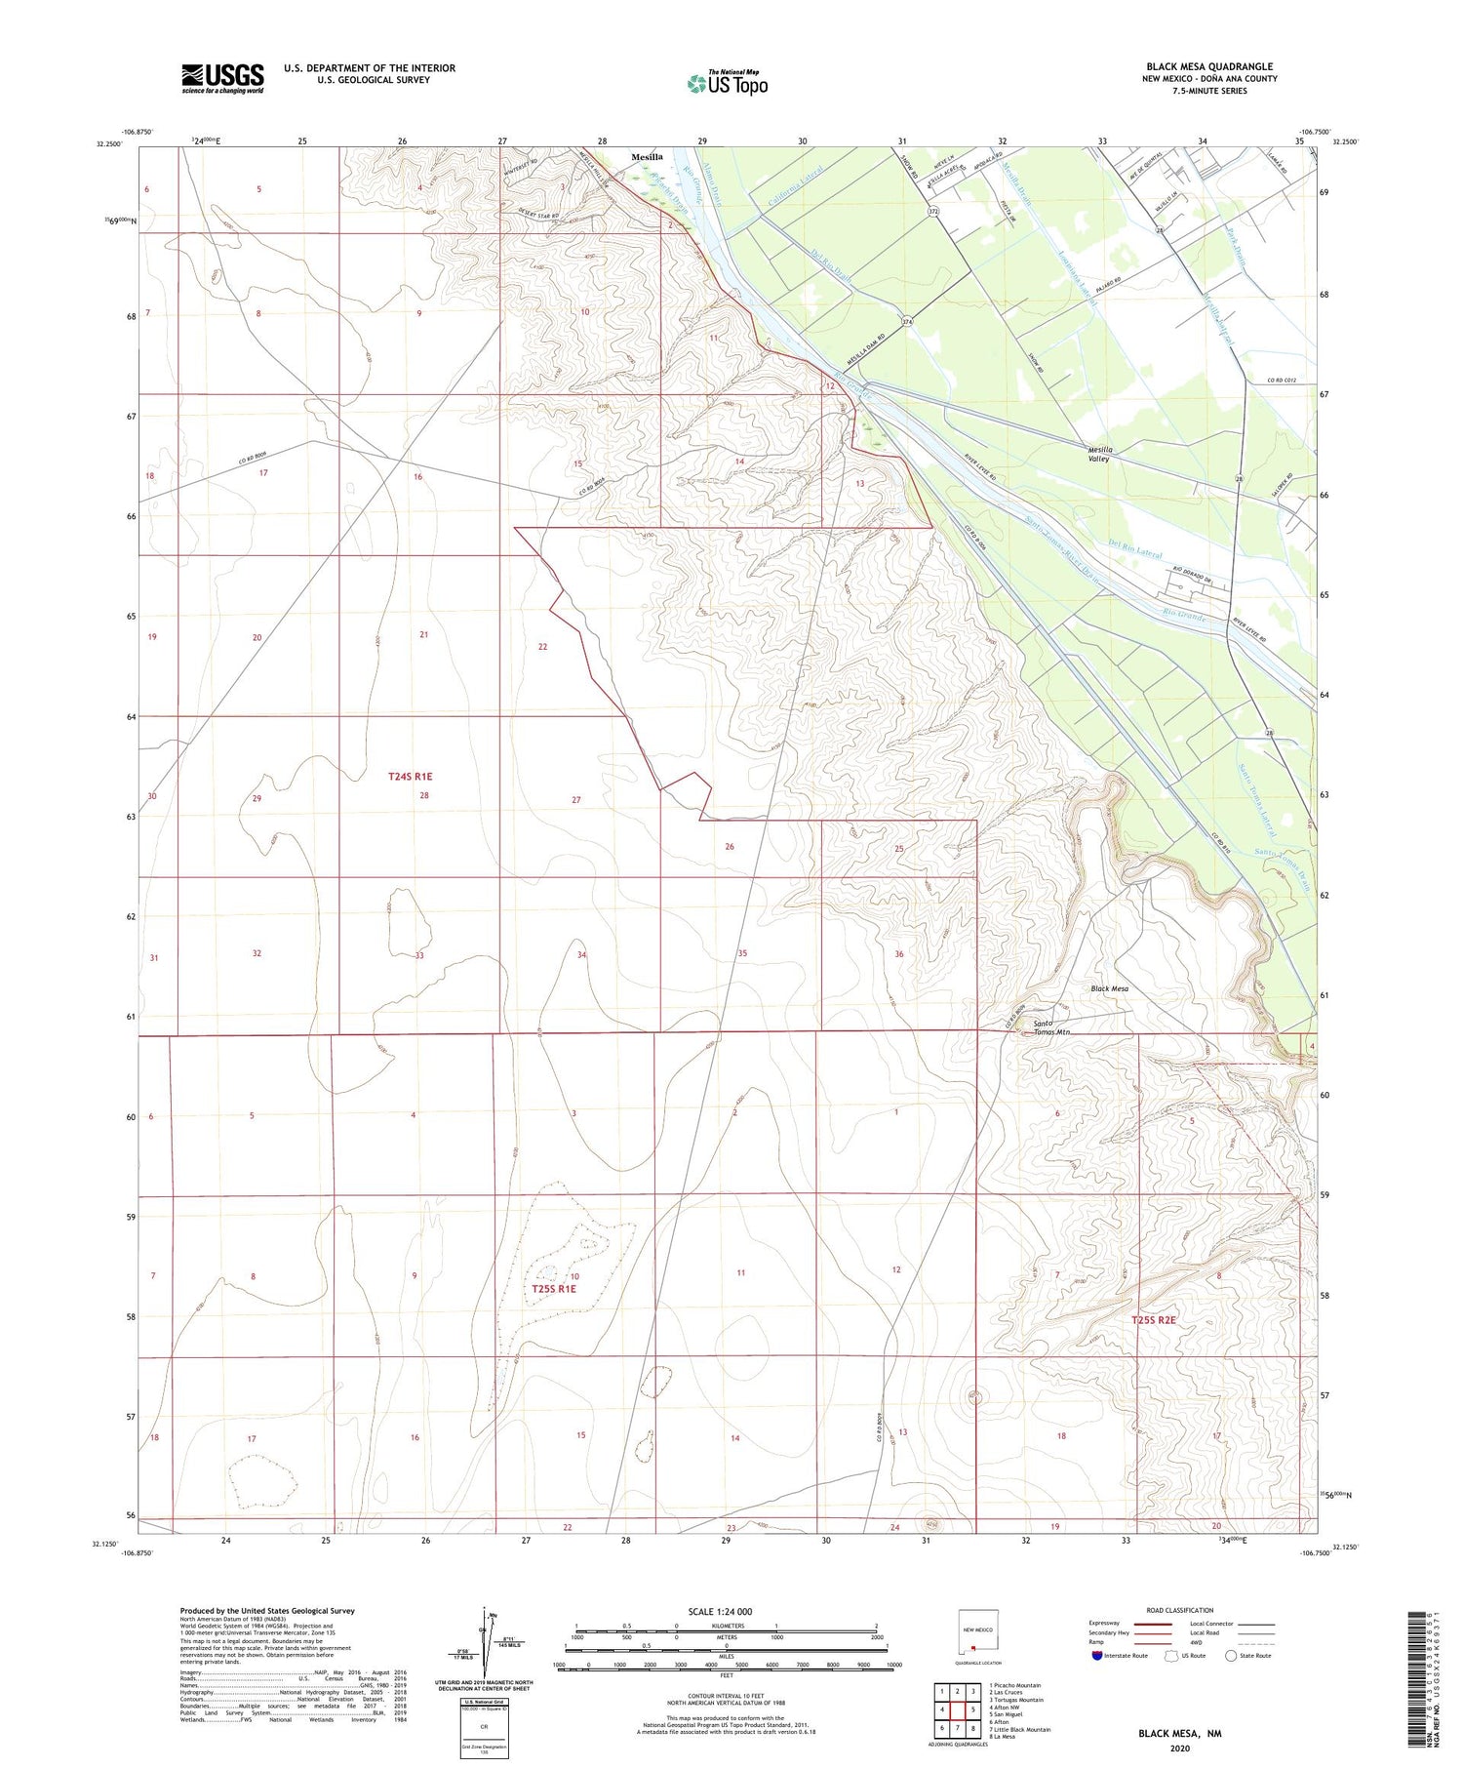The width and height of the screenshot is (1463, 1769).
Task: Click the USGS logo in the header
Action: [x=222, y=78]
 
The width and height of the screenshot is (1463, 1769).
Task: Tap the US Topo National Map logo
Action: [x=727, y=83]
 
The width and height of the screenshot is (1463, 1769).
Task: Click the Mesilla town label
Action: [x=647, y=157]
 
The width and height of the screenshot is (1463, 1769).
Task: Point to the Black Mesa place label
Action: [x=1109, y=989]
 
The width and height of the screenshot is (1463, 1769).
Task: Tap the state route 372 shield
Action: [x=933, y=211]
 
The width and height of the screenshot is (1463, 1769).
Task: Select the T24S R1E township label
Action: [x=410, y=777]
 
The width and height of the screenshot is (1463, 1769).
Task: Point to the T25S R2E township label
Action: [x=1154, y=1320]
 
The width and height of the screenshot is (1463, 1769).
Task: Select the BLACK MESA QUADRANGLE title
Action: [x=1209, y=66]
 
